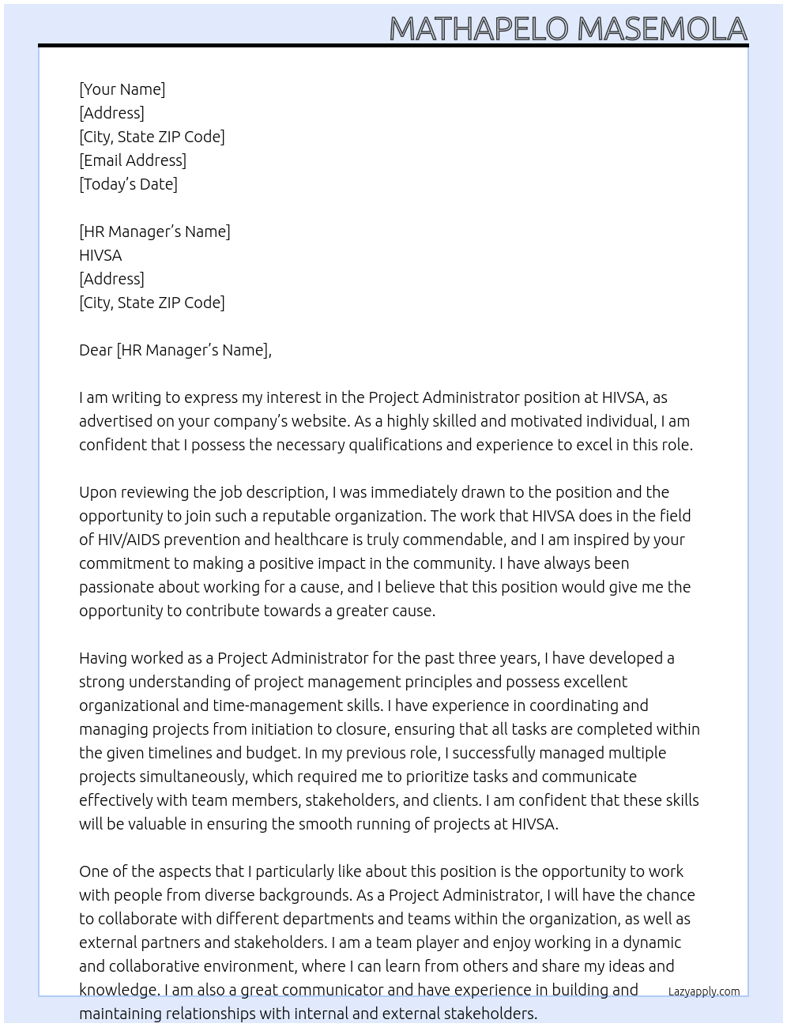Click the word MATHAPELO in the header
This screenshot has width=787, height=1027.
tap(479, 28)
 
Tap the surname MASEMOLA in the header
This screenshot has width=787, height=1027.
tap(662, 28)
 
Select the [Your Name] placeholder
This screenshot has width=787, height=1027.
tap(122, 89)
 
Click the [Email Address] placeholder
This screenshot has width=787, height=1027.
tap(133, 160)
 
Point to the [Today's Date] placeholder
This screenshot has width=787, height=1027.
tap(128, 184)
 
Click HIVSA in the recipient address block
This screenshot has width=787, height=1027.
tap(100, 255)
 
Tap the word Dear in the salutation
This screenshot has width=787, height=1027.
tap(96, 350)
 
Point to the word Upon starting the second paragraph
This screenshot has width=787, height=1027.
tap(98, 492)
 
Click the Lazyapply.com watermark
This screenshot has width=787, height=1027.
tap(704, 991)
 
